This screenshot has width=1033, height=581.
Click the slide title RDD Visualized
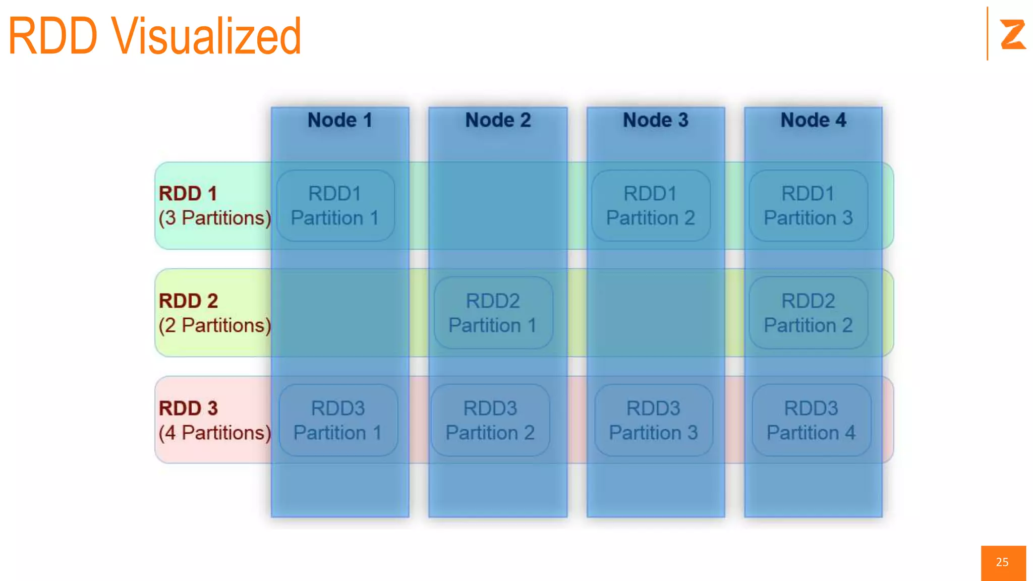tap(154, 36)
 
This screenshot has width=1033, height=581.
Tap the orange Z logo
tap(1012, 34)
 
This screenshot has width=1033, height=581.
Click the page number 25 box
tap(1003, 562)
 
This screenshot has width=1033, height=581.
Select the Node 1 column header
tap(340, 120)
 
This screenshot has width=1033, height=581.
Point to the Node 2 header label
tap(498, 120)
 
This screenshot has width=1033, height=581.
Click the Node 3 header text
tap(655, 120)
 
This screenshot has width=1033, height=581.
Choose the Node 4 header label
tap(813, 120)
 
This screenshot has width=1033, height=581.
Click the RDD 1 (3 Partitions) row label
tap(214, 206)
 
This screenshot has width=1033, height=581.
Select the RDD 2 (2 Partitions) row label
tap(214, 313)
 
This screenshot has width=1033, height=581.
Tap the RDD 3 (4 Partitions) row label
tap(214, 421)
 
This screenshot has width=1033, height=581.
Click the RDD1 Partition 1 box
tap(335, 206)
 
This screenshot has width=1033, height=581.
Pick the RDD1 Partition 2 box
tap(651, 206)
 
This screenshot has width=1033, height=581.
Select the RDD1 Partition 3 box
tap(808, 206)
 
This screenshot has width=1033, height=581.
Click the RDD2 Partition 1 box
tap(493, 313)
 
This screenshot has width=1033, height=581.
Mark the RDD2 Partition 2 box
tap(808, 313)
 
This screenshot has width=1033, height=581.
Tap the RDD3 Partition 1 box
tap(338, 421)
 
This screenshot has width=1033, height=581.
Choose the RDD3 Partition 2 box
tap(490, 421)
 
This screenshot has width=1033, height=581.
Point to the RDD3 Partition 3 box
tap(653, 421)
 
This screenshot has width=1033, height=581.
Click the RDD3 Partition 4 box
tap(811, 421)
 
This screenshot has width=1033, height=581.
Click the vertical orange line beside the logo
tap(987, 33)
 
